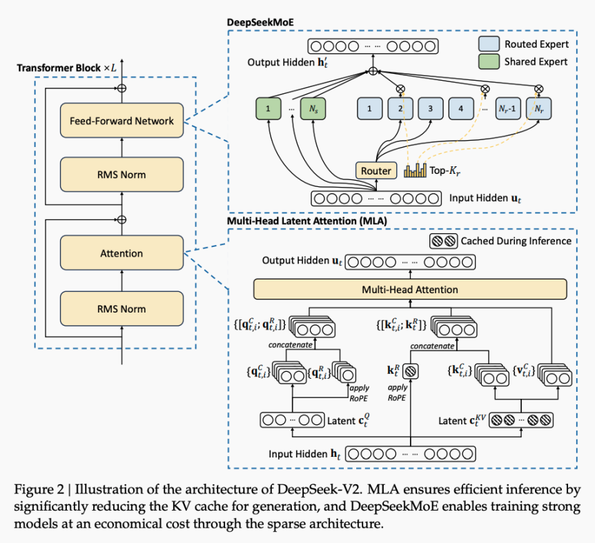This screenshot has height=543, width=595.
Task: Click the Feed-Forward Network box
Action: coord(121,121)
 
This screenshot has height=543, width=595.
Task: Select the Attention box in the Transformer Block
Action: coord(121,253)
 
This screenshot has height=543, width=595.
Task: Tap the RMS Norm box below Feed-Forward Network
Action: coord(121,175)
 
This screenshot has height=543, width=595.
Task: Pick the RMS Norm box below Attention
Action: coord(121,308)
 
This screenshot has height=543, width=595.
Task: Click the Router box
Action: coord(376,170)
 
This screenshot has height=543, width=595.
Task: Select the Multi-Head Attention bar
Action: coord(410,289)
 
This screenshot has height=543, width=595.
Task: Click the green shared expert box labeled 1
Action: coord(269,109)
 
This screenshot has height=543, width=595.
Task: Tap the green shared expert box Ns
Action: coord(313,109)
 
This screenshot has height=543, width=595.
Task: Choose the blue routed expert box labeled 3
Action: coord(431,108)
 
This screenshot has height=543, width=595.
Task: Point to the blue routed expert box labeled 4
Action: coord(461,108)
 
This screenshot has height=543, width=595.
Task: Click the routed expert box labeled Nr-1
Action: coord(508,108)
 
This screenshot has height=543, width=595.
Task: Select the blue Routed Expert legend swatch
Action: coord(489,44)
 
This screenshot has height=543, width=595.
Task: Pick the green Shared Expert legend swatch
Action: coord(489,61)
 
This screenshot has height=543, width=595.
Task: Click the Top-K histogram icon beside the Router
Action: coord(415,170)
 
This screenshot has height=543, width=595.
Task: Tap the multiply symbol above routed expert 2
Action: coord(400,89)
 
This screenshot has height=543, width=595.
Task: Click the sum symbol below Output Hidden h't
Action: coord(373,71)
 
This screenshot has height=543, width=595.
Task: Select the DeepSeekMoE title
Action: coord(260,22)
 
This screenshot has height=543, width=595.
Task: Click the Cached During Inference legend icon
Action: coord(443,241)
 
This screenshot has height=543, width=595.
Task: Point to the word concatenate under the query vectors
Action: coord(291,345)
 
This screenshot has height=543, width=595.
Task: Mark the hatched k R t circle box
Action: coord(410,371)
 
